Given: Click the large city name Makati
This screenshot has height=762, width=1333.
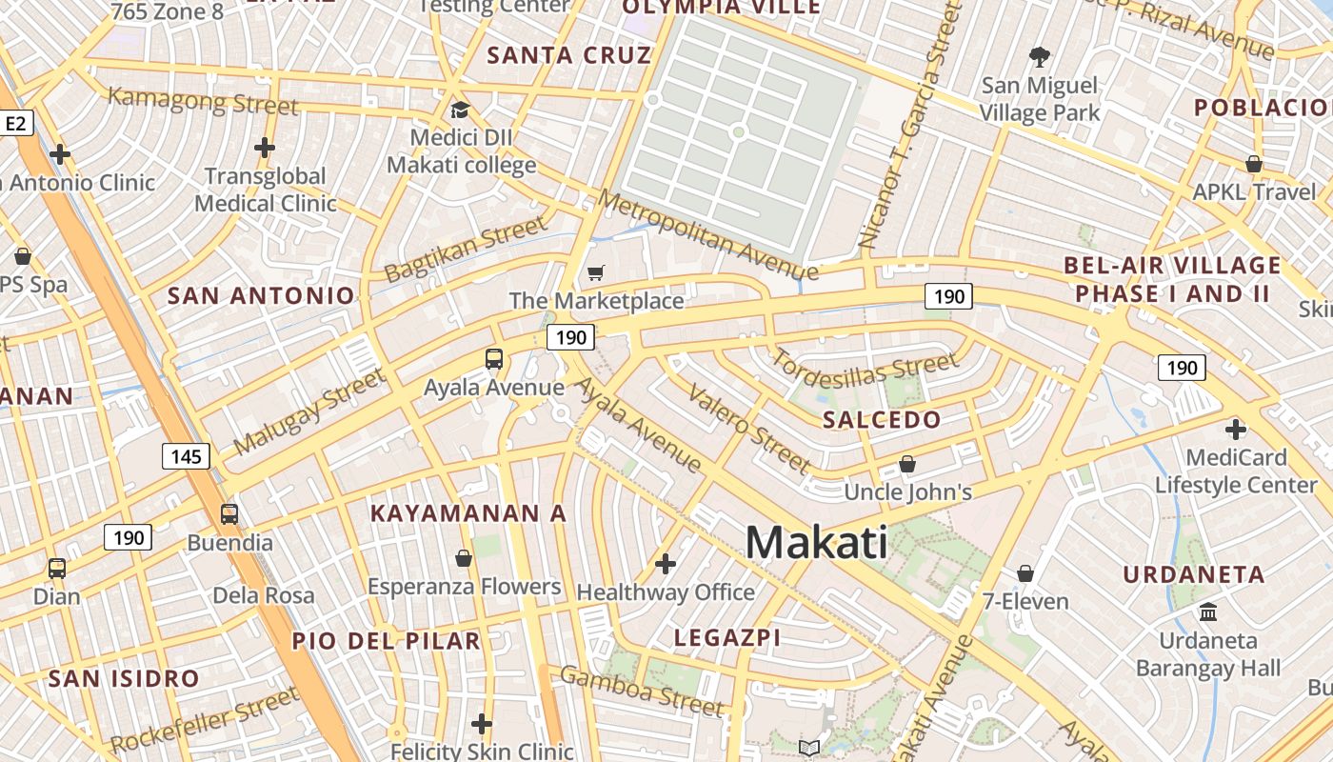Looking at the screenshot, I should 816,543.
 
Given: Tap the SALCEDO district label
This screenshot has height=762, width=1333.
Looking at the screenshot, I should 882,420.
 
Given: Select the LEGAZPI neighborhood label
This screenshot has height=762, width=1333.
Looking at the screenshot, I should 727,637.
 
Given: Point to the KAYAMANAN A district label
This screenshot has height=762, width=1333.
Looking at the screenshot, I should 468,513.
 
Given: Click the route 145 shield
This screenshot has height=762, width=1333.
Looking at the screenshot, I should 186,456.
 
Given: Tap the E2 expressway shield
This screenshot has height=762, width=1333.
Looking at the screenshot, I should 17,123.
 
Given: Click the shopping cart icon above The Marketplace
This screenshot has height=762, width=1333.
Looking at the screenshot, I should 596,273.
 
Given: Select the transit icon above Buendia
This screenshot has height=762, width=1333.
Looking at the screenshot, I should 229,514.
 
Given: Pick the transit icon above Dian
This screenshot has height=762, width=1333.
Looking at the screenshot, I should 57,569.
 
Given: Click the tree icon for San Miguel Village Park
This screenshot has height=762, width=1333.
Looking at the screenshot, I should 1040,57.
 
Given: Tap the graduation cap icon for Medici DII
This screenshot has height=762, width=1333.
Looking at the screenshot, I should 460,110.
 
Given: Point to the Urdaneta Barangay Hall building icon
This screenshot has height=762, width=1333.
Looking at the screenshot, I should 1208,612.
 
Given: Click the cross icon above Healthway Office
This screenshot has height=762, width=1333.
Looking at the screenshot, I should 666,564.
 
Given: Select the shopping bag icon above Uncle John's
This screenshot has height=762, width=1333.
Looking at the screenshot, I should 907,464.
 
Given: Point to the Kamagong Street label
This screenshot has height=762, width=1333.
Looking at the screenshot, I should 203,100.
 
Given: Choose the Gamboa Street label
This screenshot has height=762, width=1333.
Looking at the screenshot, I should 642,691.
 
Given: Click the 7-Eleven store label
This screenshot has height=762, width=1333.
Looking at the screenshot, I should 1025,602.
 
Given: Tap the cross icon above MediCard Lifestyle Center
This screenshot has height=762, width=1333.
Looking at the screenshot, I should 1236,430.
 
